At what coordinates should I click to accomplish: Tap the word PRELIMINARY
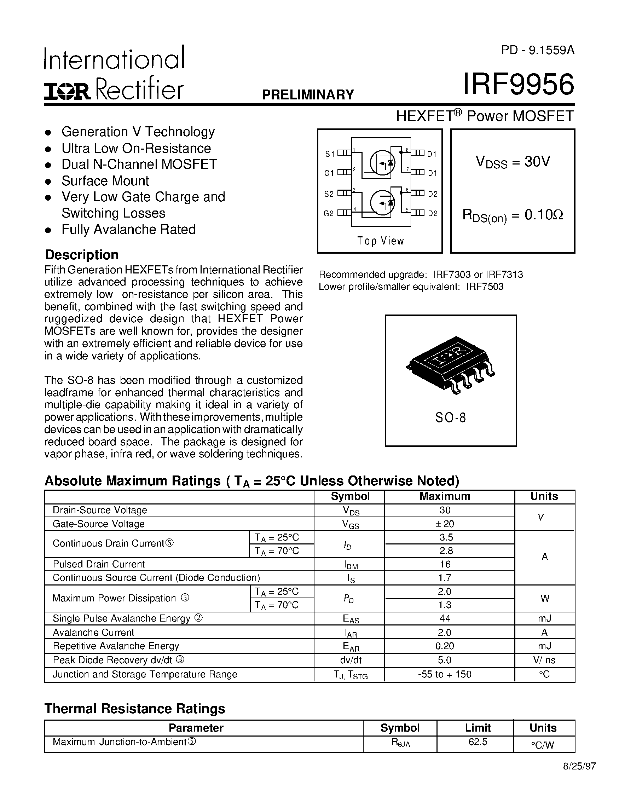308,95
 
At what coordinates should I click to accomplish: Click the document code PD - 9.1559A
537,50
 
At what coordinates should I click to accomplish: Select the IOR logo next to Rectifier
68,92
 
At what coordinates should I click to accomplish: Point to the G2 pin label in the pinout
329,214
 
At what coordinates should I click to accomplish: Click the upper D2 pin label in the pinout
433,194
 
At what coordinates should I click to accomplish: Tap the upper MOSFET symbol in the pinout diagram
382,163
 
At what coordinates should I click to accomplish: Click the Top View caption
380,241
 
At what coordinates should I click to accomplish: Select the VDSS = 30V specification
513,161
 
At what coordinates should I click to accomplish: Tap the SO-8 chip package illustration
451,364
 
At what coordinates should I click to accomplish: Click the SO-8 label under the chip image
451,418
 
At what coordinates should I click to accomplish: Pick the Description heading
82,255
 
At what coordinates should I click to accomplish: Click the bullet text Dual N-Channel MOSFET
139,165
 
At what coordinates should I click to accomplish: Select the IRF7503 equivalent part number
485,287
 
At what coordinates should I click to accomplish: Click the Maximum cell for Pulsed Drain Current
445,564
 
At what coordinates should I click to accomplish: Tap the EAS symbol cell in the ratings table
351,619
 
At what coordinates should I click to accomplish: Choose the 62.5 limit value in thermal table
478,742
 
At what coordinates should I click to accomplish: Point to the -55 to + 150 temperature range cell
445,674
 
